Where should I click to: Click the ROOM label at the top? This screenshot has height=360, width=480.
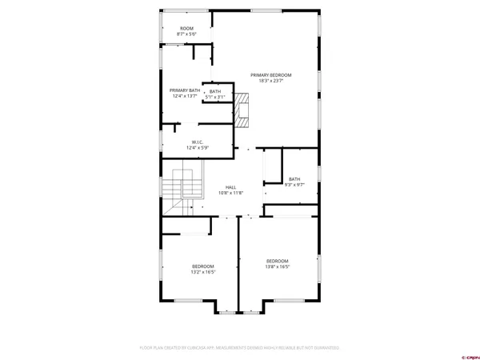186,28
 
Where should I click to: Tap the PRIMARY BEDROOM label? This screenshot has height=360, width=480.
270,74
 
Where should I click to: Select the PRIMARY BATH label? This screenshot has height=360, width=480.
184,90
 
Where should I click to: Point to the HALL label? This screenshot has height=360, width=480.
230,187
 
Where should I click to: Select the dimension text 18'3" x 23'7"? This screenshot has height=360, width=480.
270,80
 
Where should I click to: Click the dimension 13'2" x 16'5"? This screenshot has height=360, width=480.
202,272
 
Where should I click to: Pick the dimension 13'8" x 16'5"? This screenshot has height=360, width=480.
278,267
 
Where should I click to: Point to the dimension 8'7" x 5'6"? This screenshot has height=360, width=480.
186,34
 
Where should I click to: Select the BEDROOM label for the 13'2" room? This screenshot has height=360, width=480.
202,266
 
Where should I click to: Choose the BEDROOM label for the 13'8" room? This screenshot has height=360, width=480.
278,261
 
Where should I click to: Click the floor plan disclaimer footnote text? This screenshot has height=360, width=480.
239,348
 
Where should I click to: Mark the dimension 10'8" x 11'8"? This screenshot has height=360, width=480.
230,193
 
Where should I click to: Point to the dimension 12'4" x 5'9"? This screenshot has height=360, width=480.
197,147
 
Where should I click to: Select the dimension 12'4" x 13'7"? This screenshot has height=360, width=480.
184,96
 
